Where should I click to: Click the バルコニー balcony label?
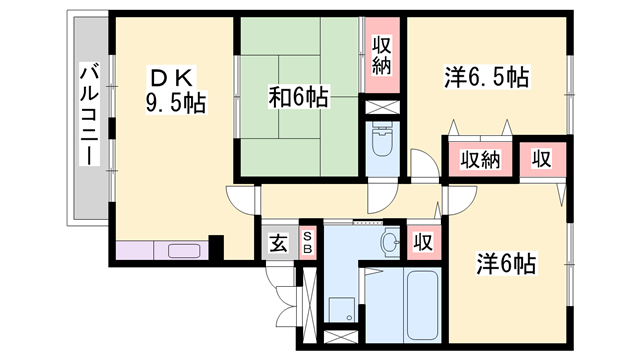point(89,115)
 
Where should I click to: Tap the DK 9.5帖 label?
point(175,90)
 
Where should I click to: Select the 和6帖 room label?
point(298,97)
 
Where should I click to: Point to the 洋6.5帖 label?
point(487,77)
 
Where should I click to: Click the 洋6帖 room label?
point(506,263)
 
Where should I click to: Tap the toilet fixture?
point(382,140)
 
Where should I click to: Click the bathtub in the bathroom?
point(422,304)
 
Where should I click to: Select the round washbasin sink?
point(389,242)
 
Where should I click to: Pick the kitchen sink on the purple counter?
point(184,251)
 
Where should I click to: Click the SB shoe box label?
point(308,242)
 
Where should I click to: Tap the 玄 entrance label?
point(278,243)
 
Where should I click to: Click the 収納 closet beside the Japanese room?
point(382,56)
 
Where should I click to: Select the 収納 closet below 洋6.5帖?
point(480,159)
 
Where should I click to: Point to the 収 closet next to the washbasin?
point(423,242)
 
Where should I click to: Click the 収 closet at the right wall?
point(542,159)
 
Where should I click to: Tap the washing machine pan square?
point(342,309)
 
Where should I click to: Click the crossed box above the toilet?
point(382,108)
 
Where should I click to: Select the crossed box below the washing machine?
point(341,337)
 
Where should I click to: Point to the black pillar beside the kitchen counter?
point(216,247)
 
